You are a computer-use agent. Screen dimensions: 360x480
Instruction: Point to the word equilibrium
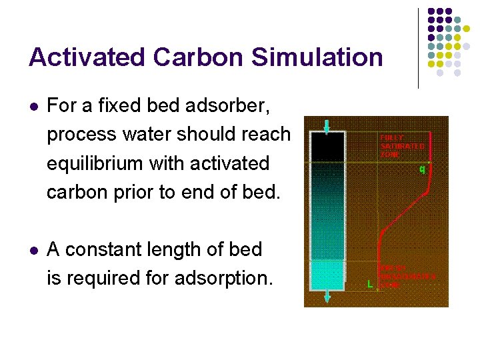[x=97, y=163]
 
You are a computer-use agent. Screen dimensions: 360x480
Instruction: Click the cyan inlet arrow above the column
[x=327, y=126]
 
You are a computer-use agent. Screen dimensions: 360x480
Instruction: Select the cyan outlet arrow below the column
[x=327, y=297]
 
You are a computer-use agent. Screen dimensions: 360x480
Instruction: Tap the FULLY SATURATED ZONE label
[x=401, y=145]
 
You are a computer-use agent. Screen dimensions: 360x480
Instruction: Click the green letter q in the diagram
[x=421, y=169]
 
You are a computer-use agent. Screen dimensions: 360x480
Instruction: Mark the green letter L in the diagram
[x=370, y=283]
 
